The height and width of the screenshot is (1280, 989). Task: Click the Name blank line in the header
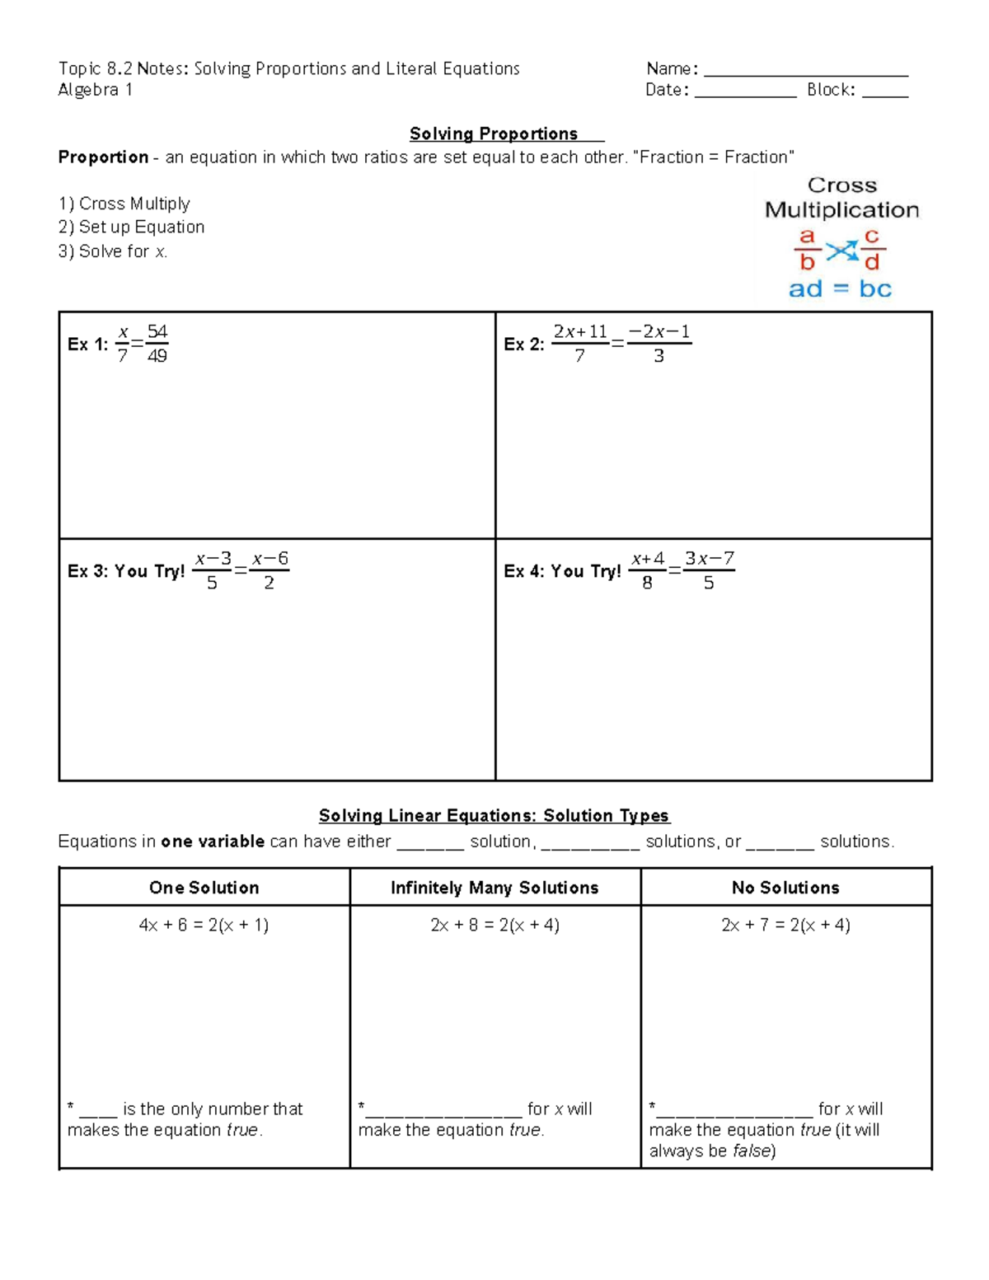tap(805, 74)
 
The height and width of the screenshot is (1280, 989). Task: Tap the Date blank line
tap(745, 96)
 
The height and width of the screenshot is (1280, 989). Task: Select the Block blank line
tap(884, 96)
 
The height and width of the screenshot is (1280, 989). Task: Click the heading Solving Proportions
tap(494, 134)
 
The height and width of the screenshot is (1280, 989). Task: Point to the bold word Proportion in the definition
tap(103, 157)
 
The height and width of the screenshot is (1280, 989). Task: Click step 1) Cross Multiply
tap(124, 204)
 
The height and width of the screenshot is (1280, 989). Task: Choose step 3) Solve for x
tap(113, 251)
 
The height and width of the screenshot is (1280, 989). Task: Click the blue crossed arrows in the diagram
tap(841, 251)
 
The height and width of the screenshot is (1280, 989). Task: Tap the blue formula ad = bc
tap(840, 288)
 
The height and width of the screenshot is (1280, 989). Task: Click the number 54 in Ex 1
tap(157, 332)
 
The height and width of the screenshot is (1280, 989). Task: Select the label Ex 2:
tap(523, 345)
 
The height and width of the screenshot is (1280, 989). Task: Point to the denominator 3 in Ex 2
tap(659, 356)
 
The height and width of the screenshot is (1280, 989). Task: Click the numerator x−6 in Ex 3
tap(270, 559)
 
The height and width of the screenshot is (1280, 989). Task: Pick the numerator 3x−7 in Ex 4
tap(709, 559)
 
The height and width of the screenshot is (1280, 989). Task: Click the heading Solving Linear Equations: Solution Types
tap(494, 815)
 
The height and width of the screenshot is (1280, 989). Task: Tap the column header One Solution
tap(204, 888)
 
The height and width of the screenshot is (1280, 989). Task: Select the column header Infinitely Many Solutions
tap(494, 888)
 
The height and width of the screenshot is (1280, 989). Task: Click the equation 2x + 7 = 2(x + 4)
tap(785, 925)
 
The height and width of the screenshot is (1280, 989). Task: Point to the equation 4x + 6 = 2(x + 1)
tap(204, 925)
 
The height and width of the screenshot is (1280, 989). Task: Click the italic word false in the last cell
tap(751, 1151)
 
